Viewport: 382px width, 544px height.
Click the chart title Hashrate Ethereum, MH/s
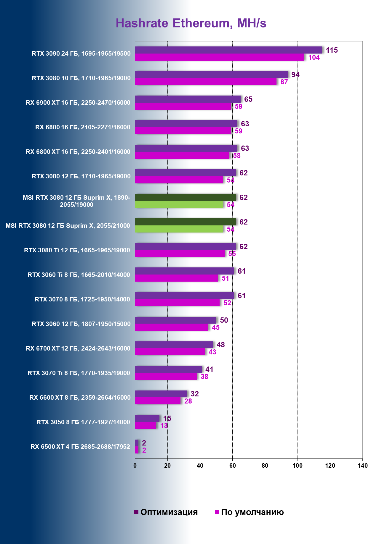191,23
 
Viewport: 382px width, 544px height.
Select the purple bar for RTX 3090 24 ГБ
228,50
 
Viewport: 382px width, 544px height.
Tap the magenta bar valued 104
219,57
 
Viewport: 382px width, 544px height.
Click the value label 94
295,75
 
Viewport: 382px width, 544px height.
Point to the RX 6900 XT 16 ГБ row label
78,103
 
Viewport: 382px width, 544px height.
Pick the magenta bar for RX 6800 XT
182,155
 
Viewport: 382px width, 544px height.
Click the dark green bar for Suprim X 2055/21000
185,222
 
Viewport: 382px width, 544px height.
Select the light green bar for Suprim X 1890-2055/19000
179,204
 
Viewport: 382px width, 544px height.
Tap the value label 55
232,254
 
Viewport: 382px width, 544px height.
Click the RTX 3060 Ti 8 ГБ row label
79,275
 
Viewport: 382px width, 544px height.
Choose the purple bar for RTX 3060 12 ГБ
175,320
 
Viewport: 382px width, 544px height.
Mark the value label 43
212,352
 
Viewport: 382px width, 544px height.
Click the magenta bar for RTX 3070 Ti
166,376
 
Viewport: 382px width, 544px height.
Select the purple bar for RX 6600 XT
161,394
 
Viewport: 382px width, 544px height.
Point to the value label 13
164,426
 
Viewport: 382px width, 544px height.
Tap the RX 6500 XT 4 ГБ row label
80,447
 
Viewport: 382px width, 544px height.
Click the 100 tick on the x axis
298,466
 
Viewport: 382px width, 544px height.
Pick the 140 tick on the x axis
362,466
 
